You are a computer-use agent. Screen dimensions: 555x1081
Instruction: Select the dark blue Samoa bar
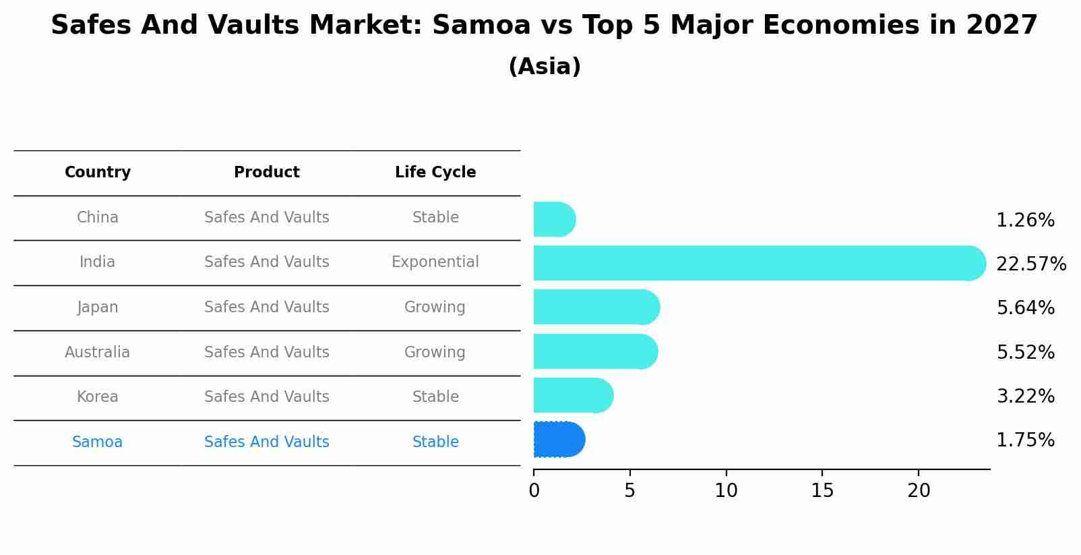[x=559, y=440]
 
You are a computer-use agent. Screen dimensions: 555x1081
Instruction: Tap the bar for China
[x=554, y=219]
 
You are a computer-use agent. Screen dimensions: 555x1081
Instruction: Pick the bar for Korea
[x=573, y=395]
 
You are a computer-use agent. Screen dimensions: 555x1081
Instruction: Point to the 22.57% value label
[x=1030, y=264]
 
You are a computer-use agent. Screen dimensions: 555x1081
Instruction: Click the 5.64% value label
[x=1025, y=308]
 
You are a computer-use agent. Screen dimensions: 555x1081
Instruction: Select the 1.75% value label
[x=1025, y=440]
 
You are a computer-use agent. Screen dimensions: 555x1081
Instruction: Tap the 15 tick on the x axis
[x=822, y=491]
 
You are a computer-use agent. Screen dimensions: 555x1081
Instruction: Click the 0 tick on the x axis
[x=534, y=491]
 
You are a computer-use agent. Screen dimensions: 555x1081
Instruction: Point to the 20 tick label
[x=919, y=491]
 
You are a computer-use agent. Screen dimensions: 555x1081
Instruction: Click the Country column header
[x=98, y=173]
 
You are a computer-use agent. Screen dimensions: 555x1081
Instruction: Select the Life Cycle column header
[x=435, y=173]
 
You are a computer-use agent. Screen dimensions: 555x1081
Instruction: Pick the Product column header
[x=267, y=173]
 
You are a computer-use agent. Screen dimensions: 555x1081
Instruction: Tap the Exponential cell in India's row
[x=435, y=262]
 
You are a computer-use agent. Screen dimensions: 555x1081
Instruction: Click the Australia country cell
[x=98, y=353]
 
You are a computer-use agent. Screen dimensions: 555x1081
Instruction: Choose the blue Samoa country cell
[x=98, y=442]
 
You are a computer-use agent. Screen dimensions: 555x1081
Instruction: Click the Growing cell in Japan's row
[x=435, y=308]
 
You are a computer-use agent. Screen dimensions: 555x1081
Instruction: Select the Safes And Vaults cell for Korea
[x=267, y=397]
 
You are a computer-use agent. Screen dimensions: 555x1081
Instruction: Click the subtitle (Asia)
[x=545, y=67]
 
